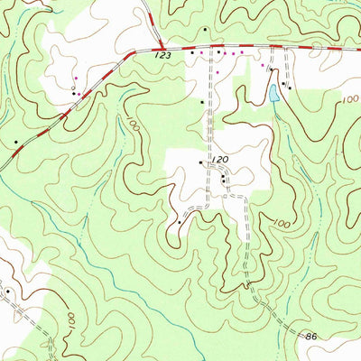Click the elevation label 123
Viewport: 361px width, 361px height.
(x=162, y=56)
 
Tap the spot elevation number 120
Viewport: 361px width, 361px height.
(x=219, y=158)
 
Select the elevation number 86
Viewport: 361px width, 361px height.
(x=311, y=336)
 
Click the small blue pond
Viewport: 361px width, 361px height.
(x=273, y=92)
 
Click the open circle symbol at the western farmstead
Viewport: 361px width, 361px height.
(x=73, y=88)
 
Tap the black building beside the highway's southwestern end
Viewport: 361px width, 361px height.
(x=16, y=142)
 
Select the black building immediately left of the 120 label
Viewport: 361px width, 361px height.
(x=200, y=162)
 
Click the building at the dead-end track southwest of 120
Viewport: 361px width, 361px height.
(x=180, y=221)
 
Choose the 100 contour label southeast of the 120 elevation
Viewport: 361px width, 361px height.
(x=281, y=222)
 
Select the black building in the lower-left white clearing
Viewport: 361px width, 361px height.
(x=7, y=292)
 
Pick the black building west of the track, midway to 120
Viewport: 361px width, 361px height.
(x=202, y=102)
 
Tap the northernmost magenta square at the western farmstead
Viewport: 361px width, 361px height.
(x=76, y=79)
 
